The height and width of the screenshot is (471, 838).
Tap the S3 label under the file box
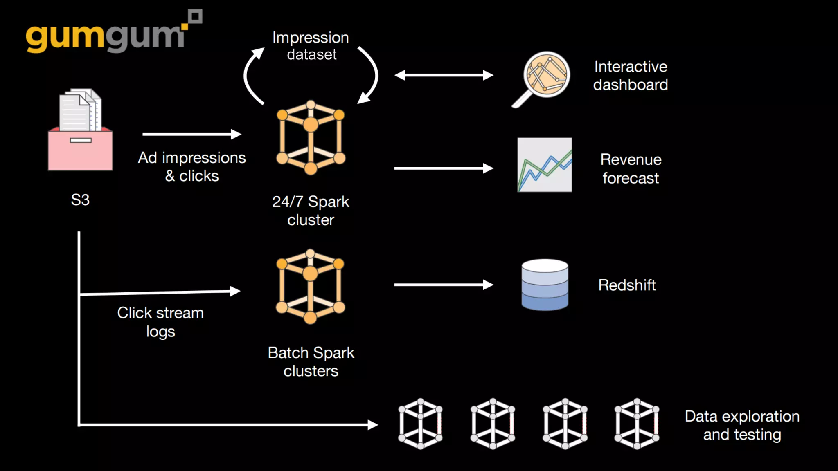click(x=80, y=200)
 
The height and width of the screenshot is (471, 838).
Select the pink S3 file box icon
click(x=80, y=131)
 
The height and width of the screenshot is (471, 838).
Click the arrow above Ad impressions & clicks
click(x=191, y=134)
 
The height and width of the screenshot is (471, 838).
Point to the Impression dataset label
click(x=311, y=46)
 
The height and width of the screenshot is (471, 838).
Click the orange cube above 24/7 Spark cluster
click(x=311, y=137)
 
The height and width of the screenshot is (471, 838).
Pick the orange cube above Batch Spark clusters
click(x=310, y=286)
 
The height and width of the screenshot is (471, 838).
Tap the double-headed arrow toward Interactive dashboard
click(x=444, y=75)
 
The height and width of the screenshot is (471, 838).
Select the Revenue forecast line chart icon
click(x=544, y=165)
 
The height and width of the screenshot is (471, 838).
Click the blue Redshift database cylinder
click(x=545, y=285)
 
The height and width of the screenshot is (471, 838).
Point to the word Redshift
click(x=627, y=285)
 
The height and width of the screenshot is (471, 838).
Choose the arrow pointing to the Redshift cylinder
click(x=444, y=285)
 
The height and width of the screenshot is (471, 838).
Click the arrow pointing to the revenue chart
click(x=444, y=168)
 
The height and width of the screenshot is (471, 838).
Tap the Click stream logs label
click(x=160, y=322)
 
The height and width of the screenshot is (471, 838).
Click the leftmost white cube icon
click(x=420, y=424)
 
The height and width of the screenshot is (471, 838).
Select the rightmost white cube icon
click(x=637, y=424)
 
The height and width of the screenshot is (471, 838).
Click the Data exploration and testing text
click(x=742, y=425)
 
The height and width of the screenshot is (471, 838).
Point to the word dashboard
click(x=631, y=85)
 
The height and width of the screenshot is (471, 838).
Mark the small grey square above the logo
click(x=196, y=16)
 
